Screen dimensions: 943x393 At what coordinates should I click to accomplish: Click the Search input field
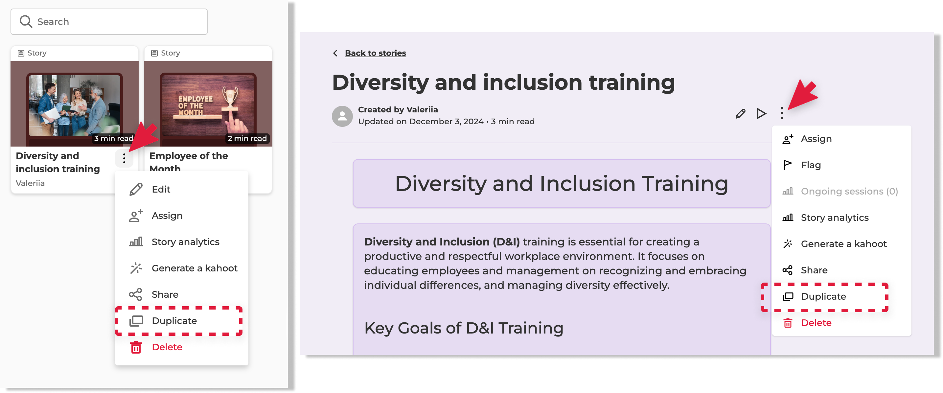pyautogui.click(x=109, y=22)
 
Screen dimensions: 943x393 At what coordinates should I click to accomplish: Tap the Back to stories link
pyautogui.click(x=375, y=53)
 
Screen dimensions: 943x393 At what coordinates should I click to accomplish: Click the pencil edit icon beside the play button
pyautogui.click(x=740, y=114)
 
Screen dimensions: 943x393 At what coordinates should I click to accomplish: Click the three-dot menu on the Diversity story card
pyautogui.click(x=124, y=159)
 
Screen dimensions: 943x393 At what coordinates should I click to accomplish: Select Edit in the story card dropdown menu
pyautogui.click(x=161, y=189)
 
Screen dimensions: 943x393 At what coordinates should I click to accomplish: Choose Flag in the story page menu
pyautogui.click(x=811, y=165)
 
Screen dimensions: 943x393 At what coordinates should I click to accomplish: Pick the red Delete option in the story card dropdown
pyautogui.click(x=167, y=347)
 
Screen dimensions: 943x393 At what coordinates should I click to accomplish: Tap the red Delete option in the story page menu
pyautogui.click(x=816, y=323)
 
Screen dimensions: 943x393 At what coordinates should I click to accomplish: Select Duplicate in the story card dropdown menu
pyautogui.click(x=174, y=321)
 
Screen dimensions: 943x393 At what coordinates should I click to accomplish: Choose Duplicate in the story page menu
pyautogui.click(x=823, y=296)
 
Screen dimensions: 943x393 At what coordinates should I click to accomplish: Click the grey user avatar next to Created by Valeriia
pyautogui.click(x=342, y=116)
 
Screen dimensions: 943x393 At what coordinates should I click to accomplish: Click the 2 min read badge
pyautogui.click(x=247, y=138)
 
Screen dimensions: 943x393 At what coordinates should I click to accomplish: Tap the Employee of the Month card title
pyautogui.click(x=189, y=162)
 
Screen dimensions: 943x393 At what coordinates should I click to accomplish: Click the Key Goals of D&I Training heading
pyautogui.click(x=463, y=328)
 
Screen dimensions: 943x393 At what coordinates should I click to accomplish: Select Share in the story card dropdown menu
pyautogui.click(x=165, y=294)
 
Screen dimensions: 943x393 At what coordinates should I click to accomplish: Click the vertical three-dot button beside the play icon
pyautogui.click(x=782, y=113)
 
